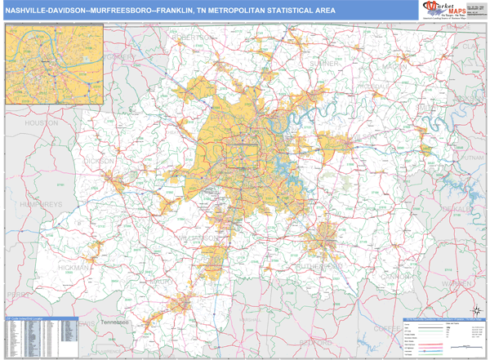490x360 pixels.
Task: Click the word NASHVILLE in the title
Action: point(28,13)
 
